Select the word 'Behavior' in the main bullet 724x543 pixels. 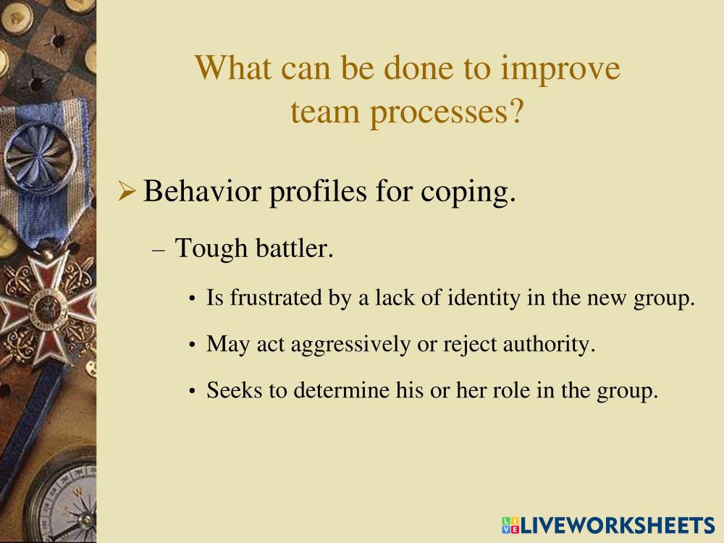tap(202, 190)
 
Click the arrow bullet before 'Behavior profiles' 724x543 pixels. tap(127, 191)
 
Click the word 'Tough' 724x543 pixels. tap(211, 249)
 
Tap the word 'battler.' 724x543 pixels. tap(295, 248)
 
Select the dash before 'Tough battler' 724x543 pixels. tap(159, 251)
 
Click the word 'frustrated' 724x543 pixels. tap(276, 298)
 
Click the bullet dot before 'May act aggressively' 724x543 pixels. tap(193, 345)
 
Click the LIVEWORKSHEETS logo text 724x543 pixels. tap(618, 526)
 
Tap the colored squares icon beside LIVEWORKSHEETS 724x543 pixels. tap(510, 526)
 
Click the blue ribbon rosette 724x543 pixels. tap(40, 158)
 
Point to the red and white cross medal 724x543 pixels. tap(46, 308)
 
